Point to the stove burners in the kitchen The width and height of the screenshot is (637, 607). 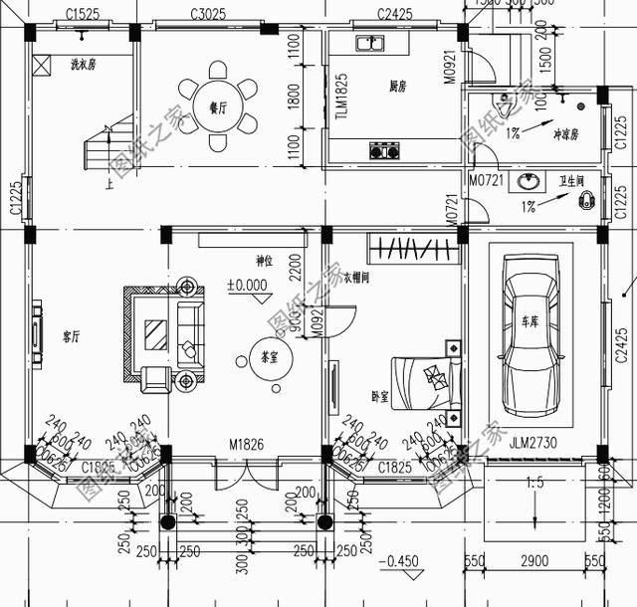pos(384,151)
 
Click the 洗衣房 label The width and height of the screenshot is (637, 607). pos(83,66)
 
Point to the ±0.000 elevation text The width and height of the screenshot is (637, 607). pos(248,286)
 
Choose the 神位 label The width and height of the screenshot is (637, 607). pos(264,262)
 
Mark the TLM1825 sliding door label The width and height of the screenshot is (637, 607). pos(340,97)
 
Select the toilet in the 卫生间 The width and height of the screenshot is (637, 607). pos(586,202)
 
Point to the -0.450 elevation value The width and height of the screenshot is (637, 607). pos(404,559)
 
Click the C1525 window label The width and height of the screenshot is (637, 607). pos(83,13)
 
